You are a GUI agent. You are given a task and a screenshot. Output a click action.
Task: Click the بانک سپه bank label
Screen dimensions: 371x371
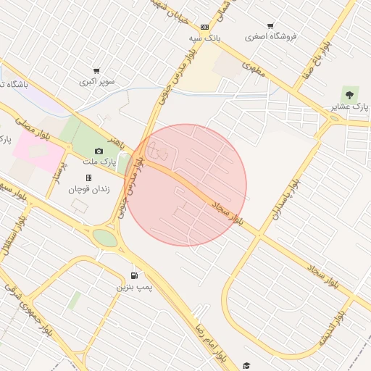204,37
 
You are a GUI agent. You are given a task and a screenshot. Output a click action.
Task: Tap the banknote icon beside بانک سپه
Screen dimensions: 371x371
204,27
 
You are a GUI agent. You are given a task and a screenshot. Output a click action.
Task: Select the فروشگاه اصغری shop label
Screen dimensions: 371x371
270,36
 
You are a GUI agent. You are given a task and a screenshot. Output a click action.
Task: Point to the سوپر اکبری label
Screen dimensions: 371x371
96,83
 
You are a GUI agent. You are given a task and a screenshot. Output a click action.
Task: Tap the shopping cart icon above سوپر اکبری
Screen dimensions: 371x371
96,72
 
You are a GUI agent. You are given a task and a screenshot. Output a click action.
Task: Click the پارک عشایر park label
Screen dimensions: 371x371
350,107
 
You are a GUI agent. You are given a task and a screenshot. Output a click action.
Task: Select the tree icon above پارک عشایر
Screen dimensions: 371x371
351,94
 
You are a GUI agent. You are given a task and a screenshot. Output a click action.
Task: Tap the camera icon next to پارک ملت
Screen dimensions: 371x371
99,151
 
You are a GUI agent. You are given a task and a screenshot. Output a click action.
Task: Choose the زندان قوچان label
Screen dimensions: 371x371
88,189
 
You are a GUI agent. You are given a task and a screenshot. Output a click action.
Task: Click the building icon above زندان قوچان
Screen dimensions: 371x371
88,178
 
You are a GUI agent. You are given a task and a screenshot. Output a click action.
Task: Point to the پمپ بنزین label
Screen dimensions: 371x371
136,288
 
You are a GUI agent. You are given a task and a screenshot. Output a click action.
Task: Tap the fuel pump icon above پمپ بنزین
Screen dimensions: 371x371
135,276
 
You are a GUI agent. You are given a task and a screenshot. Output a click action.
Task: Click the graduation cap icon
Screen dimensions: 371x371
246,365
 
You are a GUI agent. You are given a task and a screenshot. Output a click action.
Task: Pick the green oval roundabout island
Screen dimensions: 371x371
105,238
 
